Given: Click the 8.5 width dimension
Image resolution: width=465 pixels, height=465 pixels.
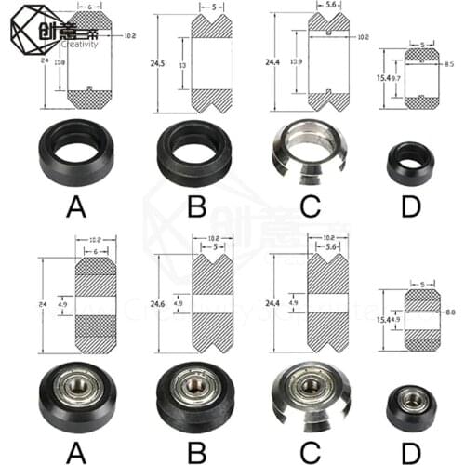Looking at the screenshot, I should (450, 64).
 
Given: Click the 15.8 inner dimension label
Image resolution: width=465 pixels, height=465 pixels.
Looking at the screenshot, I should (60, 63).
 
